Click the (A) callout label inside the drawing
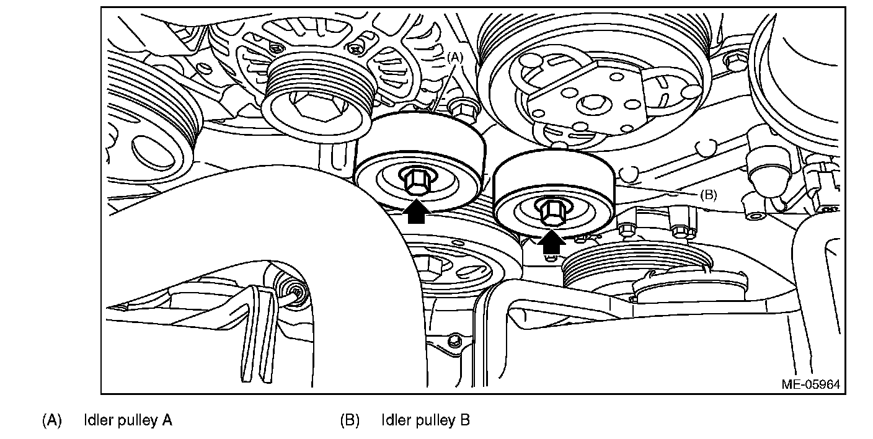click(x=455, y=57)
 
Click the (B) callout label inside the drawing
click(x=708, y=194)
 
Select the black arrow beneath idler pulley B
click(x=550, y=242)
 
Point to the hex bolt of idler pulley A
click(x=414, y=181)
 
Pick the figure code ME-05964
click(x=810, y=384)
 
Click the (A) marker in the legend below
click(x=52, y=420)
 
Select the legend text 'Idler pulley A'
click(x=128, y=420)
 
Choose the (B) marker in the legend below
click(x=350, y=420)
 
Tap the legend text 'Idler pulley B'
click(x=425, y=420)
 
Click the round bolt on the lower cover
click(x=454, y=340)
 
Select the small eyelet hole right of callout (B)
click(x=755, y=216)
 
